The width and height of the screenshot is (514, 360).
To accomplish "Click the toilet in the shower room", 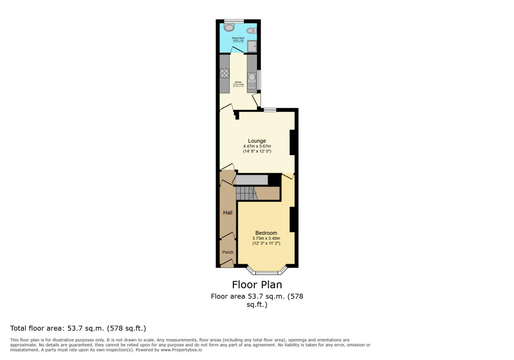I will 230,27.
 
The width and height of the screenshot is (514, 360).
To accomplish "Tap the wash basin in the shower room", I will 251,30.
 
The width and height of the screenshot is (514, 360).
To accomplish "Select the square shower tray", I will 252,46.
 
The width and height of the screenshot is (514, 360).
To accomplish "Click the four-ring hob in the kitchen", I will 224,73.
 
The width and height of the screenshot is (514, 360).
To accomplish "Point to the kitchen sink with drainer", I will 252,81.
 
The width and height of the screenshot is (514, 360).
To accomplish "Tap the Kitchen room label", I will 238,82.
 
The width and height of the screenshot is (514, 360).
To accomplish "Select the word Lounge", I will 257,141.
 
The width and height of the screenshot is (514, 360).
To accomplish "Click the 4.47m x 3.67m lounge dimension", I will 257,146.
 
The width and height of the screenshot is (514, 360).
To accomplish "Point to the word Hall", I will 227,213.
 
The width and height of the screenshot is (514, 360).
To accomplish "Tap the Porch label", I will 227,252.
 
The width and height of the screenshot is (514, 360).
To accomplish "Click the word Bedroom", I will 266,233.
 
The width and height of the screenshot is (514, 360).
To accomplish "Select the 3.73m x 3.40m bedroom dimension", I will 266,238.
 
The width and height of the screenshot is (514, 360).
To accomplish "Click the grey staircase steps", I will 245,193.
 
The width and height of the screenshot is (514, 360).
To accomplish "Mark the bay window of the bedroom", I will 266,272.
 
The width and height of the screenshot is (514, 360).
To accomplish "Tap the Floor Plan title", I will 257,285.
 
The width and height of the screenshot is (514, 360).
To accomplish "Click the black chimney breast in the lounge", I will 293,142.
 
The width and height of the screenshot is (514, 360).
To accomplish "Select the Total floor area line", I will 78,328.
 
